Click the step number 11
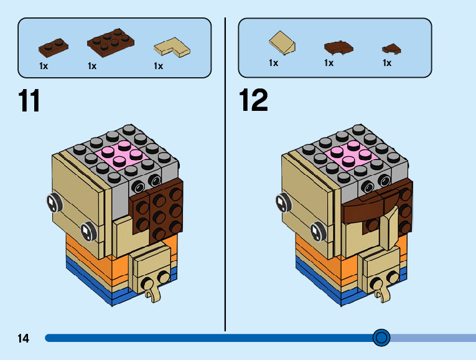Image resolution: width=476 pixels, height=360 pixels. (29, 100)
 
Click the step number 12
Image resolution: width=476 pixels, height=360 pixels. (253, 100)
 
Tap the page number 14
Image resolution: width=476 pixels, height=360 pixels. (24, 338)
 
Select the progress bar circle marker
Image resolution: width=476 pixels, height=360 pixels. (381, 338)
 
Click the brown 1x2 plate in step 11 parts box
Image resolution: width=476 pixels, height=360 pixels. (54, 48)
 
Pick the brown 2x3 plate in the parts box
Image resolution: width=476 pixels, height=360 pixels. (111, 43)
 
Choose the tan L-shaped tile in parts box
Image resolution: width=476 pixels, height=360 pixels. (172, 47)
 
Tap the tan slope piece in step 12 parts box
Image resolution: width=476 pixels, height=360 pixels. (282, 42)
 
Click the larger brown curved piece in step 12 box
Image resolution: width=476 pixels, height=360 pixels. (338, 48)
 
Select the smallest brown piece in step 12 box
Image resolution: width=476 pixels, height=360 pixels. (391, 49)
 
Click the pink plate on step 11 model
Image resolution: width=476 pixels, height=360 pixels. (122, 154)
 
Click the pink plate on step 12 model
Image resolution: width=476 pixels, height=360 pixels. (351, 154)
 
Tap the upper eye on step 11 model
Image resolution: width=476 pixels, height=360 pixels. (54, 202)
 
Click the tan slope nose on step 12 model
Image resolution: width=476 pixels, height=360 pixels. (390, 226)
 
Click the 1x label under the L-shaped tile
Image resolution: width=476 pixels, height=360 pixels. (159, 66)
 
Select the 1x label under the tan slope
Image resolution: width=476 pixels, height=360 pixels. (274, 63)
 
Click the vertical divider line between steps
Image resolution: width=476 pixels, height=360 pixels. (225, 174)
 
